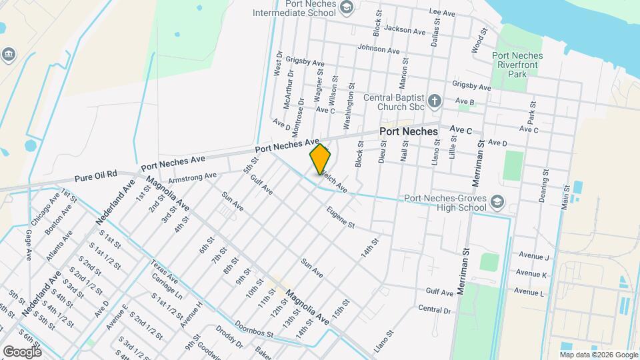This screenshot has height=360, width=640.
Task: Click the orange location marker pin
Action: (x=321, y=159)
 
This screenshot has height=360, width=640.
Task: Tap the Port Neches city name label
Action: (x=409, y=131)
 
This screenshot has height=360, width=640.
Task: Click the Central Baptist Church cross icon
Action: (x=435, y=101)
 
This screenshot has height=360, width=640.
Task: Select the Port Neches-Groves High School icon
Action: (x=497, y=201)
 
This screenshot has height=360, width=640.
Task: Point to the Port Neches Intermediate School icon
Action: (x=346, y=7)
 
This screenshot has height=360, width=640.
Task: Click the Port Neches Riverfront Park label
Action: (x=517, y=65)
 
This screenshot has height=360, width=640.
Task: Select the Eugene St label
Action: (x=340, y=218)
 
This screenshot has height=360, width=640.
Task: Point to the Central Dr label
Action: (x=434, y=309)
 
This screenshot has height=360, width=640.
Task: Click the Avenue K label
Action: (x=531, y=275)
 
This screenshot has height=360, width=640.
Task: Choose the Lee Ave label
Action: (x=441, y=12)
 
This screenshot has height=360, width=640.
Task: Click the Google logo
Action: (x=22, y=351)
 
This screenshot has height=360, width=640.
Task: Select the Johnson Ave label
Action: (x=379, y=49)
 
